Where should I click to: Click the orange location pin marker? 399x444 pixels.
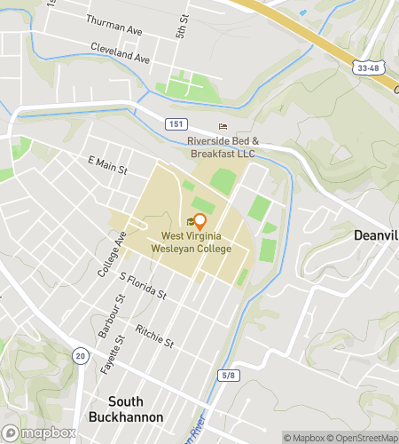tap(199, 222)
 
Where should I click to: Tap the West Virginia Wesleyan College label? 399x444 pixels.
tap(196, 242)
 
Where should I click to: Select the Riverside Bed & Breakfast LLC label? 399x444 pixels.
tap(222, 147)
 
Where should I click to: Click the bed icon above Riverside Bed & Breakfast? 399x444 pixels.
tap(223, 127)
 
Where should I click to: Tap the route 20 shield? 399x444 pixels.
tap(80, 355)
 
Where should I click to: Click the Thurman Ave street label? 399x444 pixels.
tap(113, 24)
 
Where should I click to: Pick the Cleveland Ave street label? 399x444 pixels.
tap(120, 55)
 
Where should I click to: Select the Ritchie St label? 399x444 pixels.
tap(154, 335)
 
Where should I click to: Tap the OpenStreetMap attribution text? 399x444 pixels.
tap(364, 437)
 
